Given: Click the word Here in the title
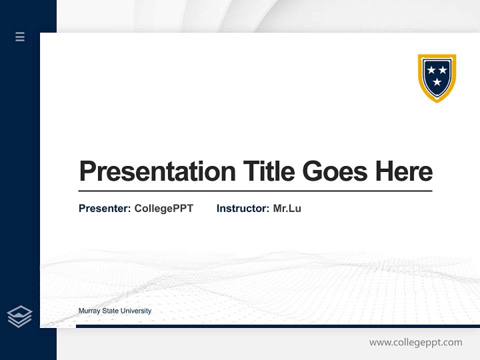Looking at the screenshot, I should (x=404, y=171).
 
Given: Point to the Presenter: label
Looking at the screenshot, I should (x=104, y=208).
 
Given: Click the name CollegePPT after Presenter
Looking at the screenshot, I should (x=163, y=208).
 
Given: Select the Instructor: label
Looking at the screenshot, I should (x=242, y=208).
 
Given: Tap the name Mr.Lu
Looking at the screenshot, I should (x=287, y=208).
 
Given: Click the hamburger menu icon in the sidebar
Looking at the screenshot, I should (x=20, y=36).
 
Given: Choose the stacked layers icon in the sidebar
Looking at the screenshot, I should (x=19, y=316).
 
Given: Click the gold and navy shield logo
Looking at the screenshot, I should (x=437, y=77).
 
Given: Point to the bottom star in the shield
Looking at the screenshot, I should (x=437, y=81).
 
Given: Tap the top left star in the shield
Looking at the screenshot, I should (x=431, y=70).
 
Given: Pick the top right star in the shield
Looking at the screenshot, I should (x=443, y=70).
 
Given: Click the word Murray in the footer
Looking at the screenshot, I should (x=89, y=311).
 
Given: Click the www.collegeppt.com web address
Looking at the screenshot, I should (x=415, y=342).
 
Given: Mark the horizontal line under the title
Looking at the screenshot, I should (x=255, y=191).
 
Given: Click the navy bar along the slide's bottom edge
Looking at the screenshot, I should (x=275, y=326).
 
